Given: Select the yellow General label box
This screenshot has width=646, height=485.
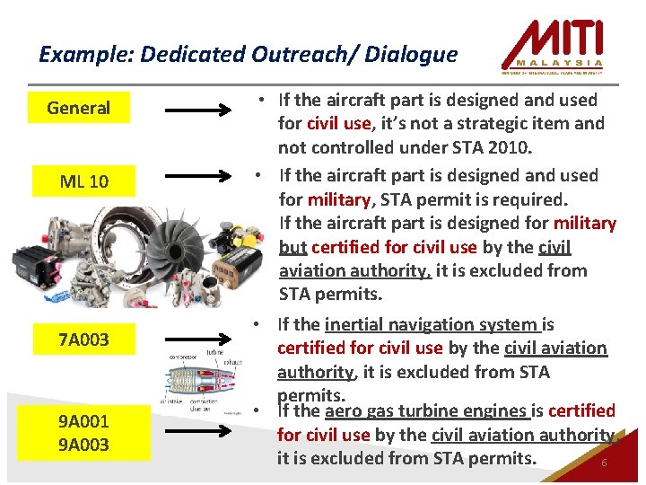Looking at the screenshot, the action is click(78, 108).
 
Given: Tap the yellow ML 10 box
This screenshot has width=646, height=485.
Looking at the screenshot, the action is click(83, 181).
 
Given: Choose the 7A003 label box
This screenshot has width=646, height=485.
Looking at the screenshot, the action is click(83, 339).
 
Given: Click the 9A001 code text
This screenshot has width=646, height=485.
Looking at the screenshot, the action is click(83, 420).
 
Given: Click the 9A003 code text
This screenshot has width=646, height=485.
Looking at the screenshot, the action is click(83, 445).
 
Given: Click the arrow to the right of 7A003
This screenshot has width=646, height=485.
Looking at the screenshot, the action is click(198, 341).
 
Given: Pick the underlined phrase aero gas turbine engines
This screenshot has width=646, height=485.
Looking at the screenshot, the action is click(426, 411).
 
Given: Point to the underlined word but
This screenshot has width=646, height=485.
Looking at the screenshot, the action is click(293, 247).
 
